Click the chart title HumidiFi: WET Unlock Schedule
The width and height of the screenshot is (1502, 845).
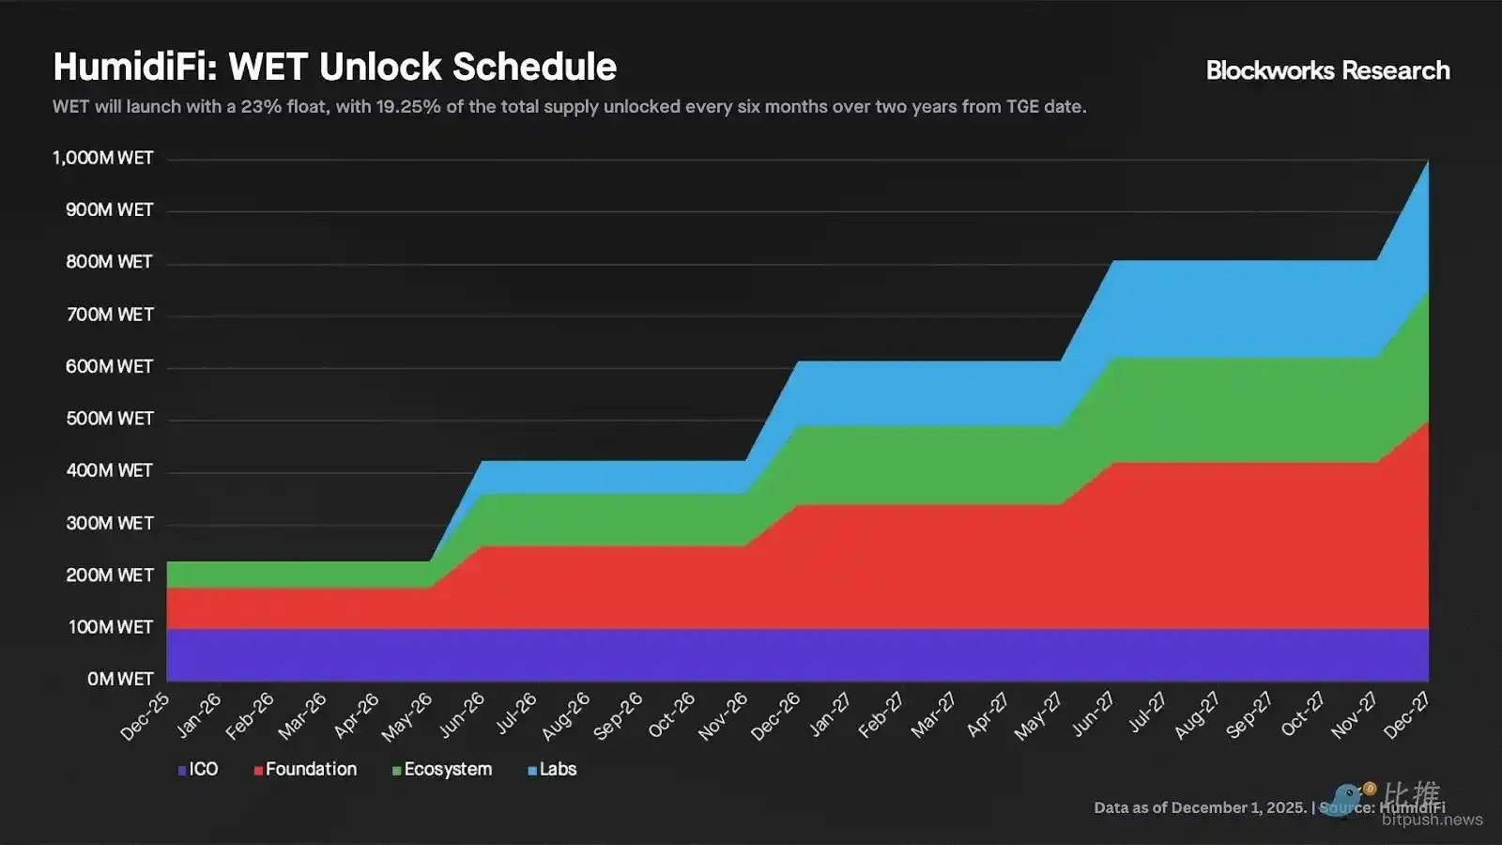(334, 67)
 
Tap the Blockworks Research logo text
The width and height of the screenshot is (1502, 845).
(1327, 70)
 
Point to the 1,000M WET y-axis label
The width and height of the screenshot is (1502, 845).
(103, 158)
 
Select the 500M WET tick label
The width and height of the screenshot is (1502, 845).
(109, 419)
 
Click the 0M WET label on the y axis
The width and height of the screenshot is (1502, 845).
(120, 679)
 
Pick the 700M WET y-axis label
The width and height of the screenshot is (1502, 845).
(109, 315)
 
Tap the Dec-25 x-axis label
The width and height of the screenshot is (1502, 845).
(146, 715)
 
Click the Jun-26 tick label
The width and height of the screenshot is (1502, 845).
(462, 715)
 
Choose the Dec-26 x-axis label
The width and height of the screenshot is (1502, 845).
(776, 715)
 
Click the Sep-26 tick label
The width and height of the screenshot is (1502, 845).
(620, 715)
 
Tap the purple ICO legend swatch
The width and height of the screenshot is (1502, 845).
(182, 771)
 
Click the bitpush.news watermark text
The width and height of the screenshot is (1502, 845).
(1433, 820)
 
